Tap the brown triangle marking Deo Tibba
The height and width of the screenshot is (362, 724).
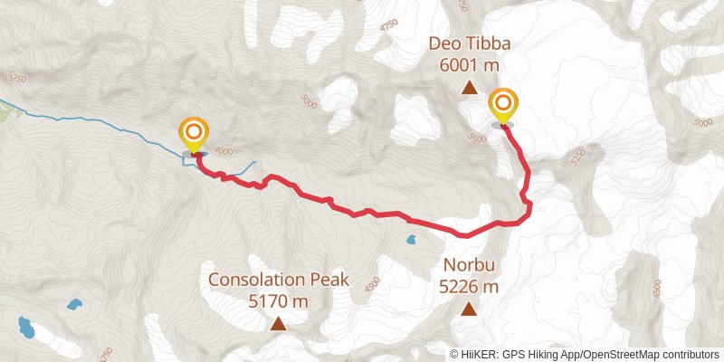point(469,88)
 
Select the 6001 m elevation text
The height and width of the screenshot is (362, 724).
point(469,65)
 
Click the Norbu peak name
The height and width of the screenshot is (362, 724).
point(469,267)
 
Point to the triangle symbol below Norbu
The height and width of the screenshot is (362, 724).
point(469,310)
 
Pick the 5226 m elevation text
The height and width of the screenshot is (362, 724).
point(469,288)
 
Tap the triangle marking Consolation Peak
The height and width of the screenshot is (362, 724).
point(278,323)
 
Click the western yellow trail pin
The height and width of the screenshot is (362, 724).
point(193,135)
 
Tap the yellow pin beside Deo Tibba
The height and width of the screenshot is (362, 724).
point(502,105)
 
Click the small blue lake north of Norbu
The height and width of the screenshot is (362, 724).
point(412,241)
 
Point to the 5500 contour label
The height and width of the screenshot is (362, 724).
point(477,138)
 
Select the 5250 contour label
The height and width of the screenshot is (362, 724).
point(579,157)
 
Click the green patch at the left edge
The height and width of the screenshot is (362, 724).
point(7,113)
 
